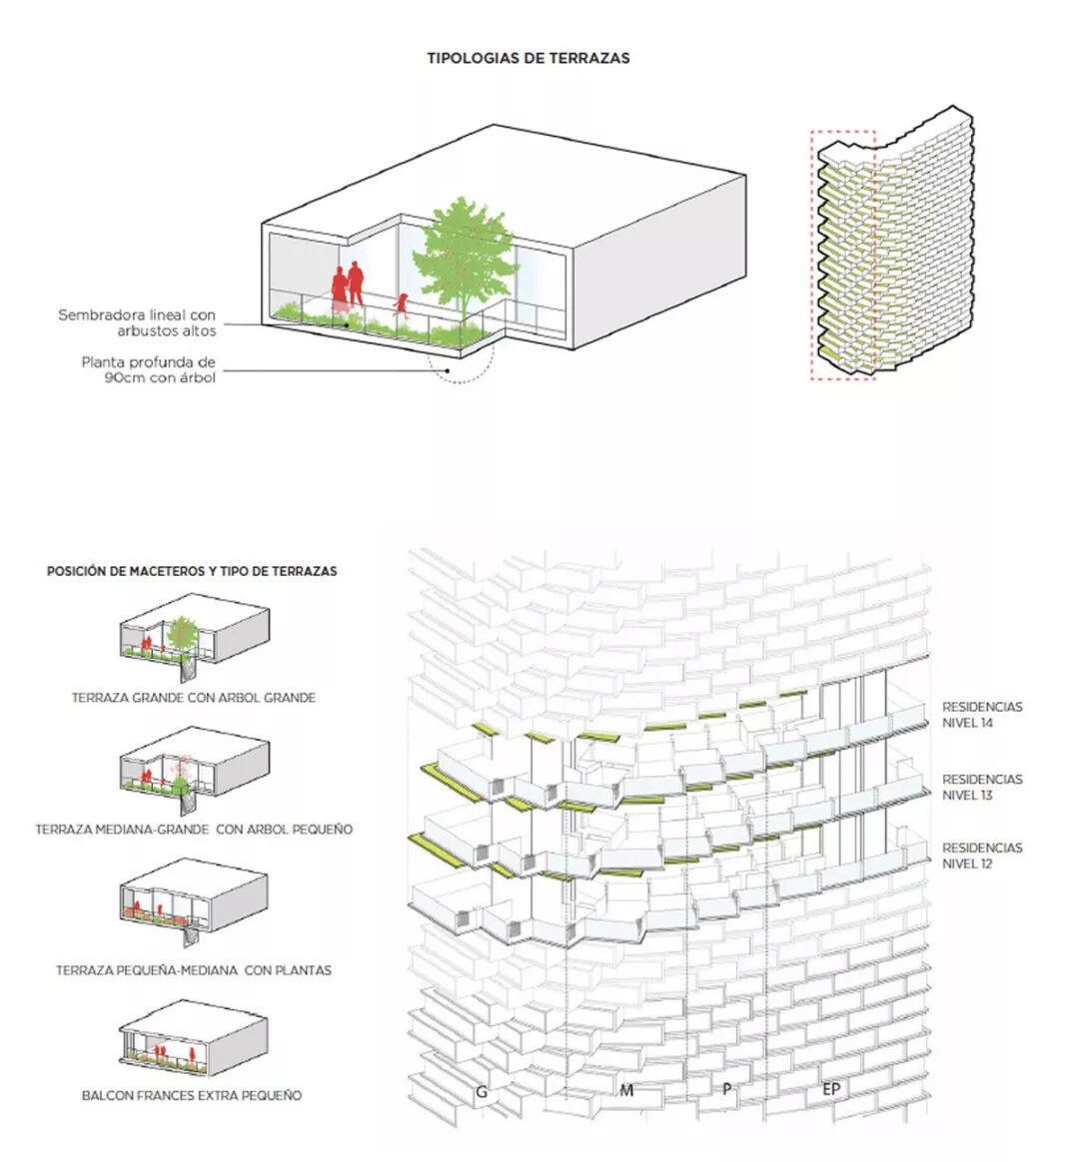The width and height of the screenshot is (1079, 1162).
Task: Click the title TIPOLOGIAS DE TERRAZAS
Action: [529, 58]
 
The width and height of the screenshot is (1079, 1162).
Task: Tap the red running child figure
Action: [403, 303]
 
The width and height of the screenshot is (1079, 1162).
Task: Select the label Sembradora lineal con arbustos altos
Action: [137, 322]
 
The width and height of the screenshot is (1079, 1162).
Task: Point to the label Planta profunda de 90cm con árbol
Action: [149, 369]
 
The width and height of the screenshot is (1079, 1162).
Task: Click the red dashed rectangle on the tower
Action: [843, 255]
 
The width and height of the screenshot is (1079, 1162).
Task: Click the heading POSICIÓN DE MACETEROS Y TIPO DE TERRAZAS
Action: [192, 572]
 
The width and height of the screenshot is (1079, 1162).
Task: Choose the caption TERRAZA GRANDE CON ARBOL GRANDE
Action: [193, 698]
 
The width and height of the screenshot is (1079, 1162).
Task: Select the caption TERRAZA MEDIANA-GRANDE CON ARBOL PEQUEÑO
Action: [194, 829]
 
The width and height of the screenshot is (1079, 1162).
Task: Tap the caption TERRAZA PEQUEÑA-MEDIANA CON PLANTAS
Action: [194, 969]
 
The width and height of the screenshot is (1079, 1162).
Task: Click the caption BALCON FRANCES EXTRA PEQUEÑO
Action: [192, 1095]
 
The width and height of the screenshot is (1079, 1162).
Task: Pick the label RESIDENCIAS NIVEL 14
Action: [982, 715]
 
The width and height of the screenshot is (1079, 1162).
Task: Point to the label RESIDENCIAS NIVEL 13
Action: [982, 787]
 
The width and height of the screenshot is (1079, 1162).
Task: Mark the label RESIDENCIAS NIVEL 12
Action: [982, 856]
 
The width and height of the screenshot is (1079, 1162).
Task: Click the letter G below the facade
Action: [482, 1092]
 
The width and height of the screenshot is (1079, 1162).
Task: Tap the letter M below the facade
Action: [626, 1090]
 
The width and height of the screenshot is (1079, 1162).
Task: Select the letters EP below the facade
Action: [830, 1089]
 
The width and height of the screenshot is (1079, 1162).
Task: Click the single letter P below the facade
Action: [726, 1090]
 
